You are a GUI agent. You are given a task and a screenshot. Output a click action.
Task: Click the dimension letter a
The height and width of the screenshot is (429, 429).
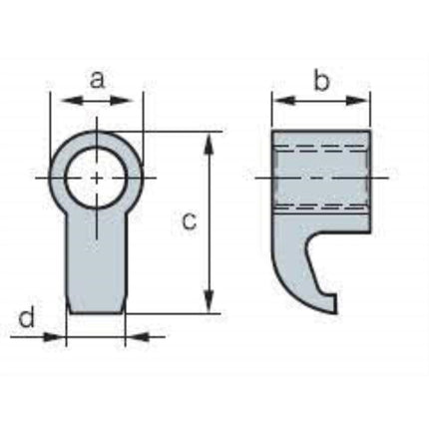pyautogui.click(x=97, y=81)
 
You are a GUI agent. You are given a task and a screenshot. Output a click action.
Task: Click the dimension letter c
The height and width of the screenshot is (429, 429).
pyautogui.click(x=190, y=221)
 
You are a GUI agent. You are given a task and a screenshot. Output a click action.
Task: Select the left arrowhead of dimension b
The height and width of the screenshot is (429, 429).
pyautogui.click(x=283, y=100)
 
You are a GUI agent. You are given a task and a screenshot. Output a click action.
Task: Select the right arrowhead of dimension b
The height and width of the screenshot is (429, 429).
pyautogui.click(x=357, y=100)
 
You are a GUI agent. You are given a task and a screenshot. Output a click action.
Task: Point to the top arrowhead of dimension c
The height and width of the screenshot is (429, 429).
pyautogui.click(x=209, y=144)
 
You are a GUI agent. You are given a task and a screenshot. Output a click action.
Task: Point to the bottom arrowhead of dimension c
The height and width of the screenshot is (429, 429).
pyautogui.click(x=209, y=301)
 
